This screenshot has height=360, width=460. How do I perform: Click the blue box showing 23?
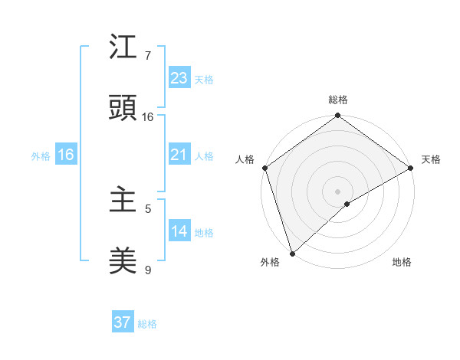[x=179, y=78]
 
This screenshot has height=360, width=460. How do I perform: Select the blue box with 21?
[x=179, y=155]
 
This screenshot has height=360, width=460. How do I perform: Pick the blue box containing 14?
[x=179, y=231]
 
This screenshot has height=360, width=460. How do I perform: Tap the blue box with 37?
[x=123, y=322]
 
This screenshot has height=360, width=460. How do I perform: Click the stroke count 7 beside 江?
[x=148, y=56]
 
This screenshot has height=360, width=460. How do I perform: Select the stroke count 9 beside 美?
[x=148, y=270]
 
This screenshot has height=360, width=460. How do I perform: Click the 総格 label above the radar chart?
[x=338, y=100]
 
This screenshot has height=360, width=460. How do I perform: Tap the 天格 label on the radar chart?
[x=431, y=159]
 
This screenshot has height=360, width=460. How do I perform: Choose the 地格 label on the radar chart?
[x=402, y=262]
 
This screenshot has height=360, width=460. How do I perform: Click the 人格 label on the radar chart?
[x=245, y=159]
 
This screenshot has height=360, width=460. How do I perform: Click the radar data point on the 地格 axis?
[x=347, y=204]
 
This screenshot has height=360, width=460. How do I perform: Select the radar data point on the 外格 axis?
[x=292, y=253]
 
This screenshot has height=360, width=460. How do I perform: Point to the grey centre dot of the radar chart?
[x=337, y=191]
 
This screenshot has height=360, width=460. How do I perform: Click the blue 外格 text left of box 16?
[x=41, y=155]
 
